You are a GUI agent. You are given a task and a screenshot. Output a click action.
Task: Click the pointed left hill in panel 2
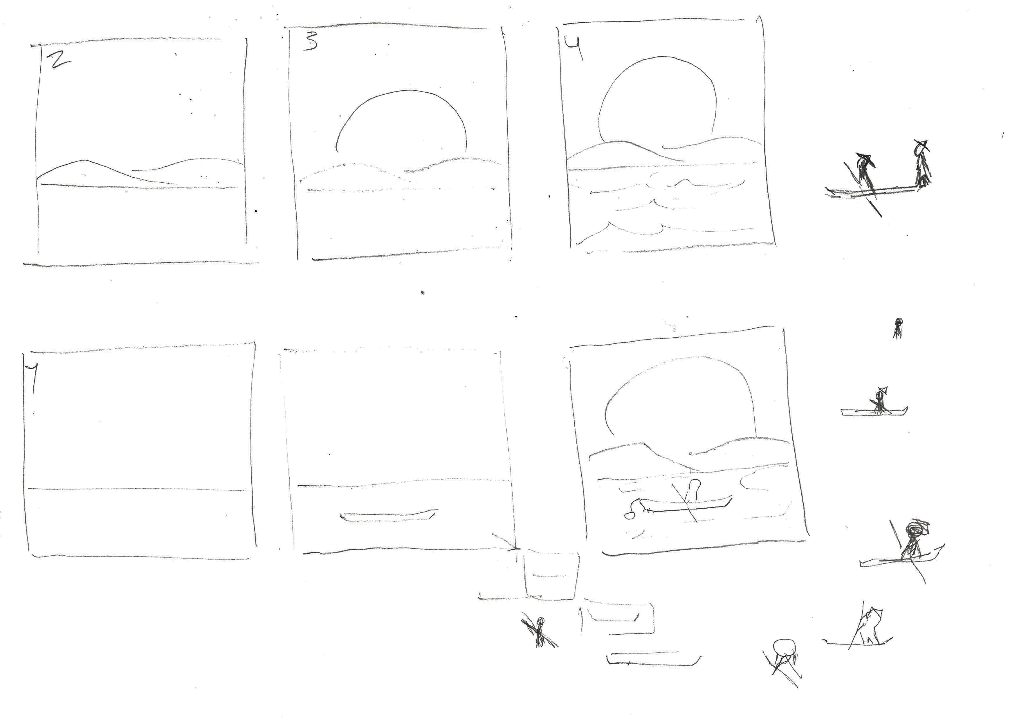click(x=84, y=161)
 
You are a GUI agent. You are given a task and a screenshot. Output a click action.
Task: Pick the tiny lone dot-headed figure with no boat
click(x=898, y=328)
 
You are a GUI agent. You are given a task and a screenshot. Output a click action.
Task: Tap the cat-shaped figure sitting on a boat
click(x=868, y=627)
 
